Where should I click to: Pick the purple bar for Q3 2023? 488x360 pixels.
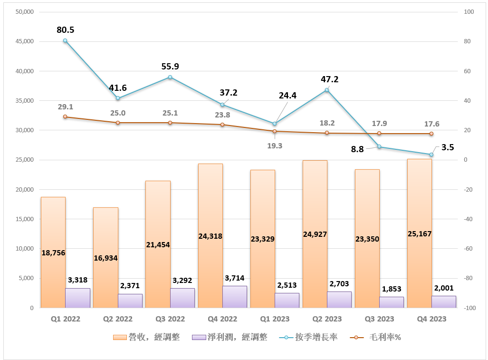392,302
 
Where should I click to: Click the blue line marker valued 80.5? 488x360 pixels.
65,41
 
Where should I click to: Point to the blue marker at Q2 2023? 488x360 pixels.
327,90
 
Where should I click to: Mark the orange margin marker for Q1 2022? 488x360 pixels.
65,117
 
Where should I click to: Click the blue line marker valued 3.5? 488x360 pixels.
431,155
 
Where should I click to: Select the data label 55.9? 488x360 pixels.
171,67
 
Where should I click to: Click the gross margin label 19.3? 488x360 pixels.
275,146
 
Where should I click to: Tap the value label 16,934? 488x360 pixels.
105,258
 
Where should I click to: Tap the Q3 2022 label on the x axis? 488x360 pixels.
170,319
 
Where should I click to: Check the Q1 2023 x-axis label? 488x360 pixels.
275,319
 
